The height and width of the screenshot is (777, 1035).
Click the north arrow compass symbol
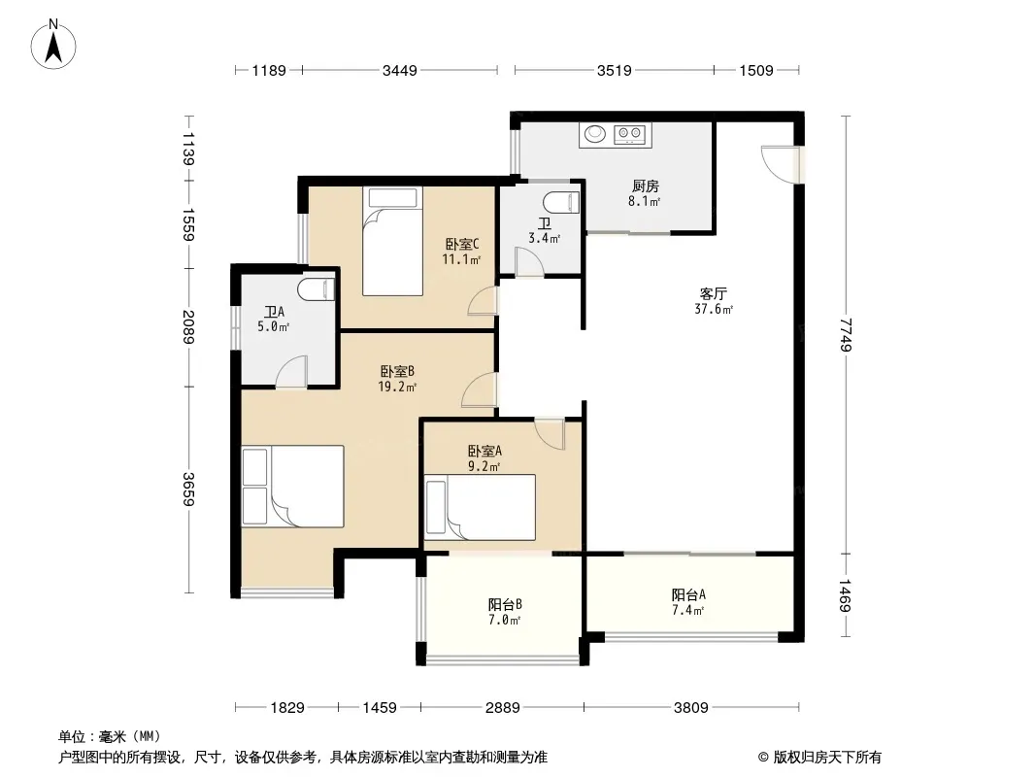[x=53, y=45]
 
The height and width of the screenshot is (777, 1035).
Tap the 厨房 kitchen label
[x=645, y=186]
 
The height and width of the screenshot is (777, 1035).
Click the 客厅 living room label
[x=713, y=293]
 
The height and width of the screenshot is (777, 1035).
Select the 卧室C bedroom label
[x=461, y=244]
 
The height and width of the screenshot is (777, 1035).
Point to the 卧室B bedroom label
[x=397, y=372]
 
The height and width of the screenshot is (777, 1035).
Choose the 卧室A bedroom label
[x=484, y=451]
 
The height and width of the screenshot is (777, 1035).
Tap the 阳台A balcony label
[x=688, y=594]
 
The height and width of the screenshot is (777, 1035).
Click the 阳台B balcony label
[x=505, y=604]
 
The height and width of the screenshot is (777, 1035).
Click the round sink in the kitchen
[x=595, y=134]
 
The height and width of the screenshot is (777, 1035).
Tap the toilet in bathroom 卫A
[x=317, y=289]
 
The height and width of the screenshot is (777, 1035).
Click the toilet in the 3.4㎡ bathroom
[x=561, y=202]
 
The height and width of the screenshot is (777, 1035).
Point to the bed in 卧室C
[x=392, y=241]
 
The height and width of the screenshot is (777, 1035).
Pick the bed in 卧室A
[x=480, y=507]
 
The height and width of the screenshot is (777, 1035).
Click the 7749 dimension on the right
[x=846, y=335]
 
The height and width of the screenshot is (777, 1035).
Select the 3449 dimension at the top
[x=399, y=70]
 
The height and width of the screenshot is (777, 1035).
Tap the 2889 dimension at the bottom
[x=502, y=708]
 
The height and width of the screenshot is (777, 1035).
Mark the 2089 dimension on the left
[x=188, y=327]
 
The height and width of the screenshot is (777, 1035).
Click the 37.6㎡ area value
[x=714, y=308]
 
